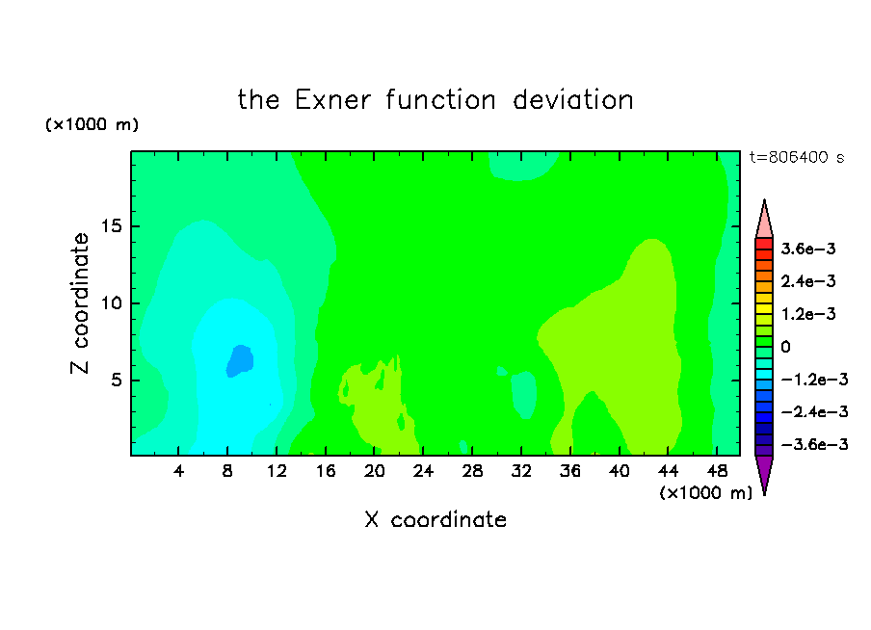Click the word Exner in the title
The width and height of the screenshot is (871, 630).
click(x=332, y=100)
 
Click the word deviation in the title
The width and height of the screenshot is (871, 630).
click(x=572, y=100)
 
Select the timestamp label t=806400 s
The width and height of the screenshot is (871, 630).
click(x=797, y=157)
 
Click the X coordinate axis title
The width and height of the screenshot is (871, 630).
click(x=435, y=519)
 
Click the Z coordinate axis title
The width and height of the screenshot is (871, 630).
click(x=80, y=303)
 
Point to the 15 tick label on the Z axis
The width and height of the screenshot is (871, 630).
click(x=111, y=226)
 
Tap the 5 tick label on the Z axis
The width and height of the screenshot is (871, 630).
click(x=116, y=381)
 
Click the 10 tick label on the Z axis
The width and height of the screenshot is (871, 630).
click(x=111, y=303)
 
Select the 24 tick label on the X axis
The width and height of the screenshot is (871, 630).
click(x=423, y=471)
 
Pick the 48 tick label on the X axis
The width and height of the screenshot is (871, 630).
click(x=717, y=471)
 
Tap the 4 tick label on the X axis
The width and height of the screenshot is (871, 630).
click(x=178, y=471)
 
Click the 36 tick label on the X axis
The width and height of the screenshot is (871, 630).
click(x=570, y=471)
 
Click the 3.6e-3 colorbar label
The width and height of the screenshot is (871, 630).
click(x=808, y=249)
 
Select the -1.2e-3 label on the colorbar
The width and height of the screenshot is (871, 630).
click(x=814, y=380)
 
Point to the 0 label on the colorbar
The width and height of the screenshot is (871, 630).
click(x=785, y=347)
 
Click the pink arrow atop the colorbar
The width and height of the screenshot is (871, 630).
click(x=764, y=219)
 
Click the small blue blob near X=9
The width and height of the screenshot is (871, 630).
click(x=240, y=361)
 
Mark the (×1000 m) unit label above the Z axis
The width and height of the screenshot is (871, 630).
click(x=92, y=124)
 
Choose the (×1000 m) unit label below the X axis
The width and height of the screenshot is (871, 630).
click(x=706, y=493)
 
